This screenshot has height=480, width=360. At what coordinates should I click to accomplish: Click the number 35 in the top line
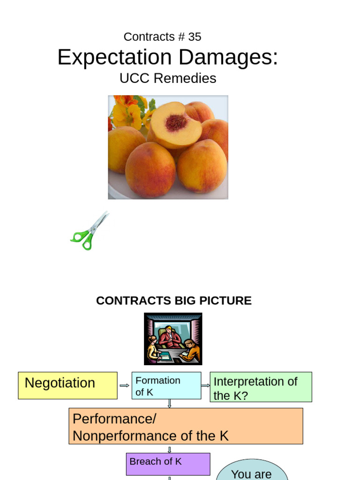(195, 37)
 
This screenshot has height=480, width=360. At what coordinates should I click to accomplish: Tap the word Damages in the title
(228, 57)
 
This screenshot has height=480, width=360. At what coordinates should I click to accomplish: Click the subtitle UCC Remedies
(168, 78)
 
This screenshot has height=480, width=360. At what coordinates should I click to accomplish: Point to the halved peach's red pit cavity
(176, 123)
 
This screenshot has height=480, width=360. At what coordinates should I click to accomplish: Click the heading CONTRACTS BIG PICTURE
(173, 300)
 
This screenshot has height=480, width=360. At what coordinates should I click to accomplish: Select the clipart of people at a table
(173, 339)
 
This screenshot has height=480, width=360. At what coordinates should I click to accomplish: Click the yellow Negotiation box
(67, 385)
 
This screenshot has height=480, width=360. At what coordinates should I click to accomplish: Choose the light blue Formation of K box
(166, 386)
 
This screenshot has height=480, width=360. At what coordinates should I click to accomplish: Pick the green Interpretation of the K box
(261, 387)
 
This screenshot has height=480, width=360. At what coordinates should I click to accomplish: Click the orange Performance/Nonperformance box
(186, 426)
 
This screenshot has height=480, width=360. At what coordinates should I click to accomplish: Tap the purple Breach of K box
(168, 464)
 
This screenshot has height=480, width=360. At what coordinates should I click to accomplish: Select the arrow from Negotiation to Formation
(124, 386)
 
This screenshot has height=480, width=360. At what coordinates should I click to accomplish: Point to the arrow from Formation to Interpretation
(205, 386)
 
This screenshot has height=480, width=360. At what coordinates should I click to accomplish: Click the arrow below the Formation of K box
(169, 403)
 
